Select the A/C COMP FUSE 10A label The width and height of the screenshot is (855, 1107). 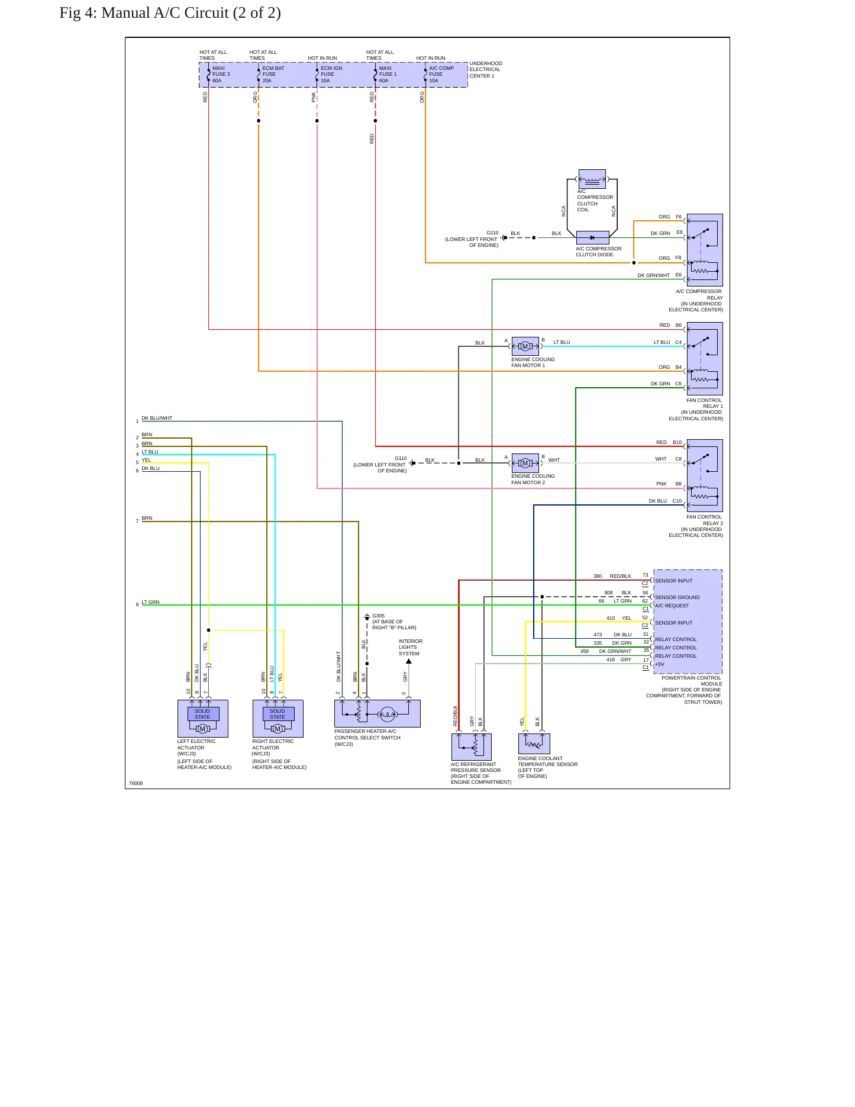click(x=441, y=75)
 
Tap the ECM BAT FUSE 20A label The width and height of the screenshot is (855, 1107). click(x=273, y=75)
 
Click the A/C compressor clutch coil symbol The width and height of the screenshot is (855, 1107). click(x=592, y=179)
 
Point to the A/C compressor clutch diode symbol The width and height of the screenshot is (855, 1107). click(x=592, y=238)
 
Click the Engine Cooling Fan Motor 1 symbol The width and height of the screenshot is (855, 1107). click(x=525, y=346)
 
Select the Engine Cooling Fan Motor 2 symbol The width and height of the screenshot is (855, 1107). click(x=525, y=463)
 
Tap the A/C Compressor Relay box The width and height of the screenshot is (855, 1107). click(x=705, y=250)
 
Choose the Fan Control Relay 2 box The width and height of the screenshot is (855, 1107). click(x=705, y=475)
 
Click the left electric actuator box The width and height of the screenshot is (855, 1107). click(x=203, y=719)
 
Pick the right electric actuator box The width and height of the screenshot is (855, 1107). click(x=278, y=719)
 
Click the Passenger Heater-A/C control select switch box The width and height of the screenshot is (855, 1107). click(x=378, y=714)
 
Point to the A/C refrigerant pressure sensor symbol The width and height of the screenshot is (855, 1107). click(x=472, y=747)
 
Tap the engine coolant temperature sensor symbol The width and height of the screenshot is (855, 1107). click(x=534, y=744)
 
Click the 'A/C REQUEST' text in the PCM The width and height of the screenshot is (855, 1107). click(x=672, y=606)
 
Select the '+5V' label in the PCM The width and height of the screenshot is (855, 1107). click(x=659, y=664)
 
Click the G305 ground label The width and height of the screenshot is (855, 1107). click(x=378, y=616)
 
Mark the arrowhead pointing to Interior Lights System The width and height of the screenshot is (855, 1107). click(x=409, y=661)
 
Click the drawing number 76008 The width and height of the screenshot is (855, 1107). click(x=135, y=783)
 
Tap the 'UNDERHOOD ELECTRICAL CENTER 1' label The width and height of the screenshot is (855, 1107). click(x=486, y=70)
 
